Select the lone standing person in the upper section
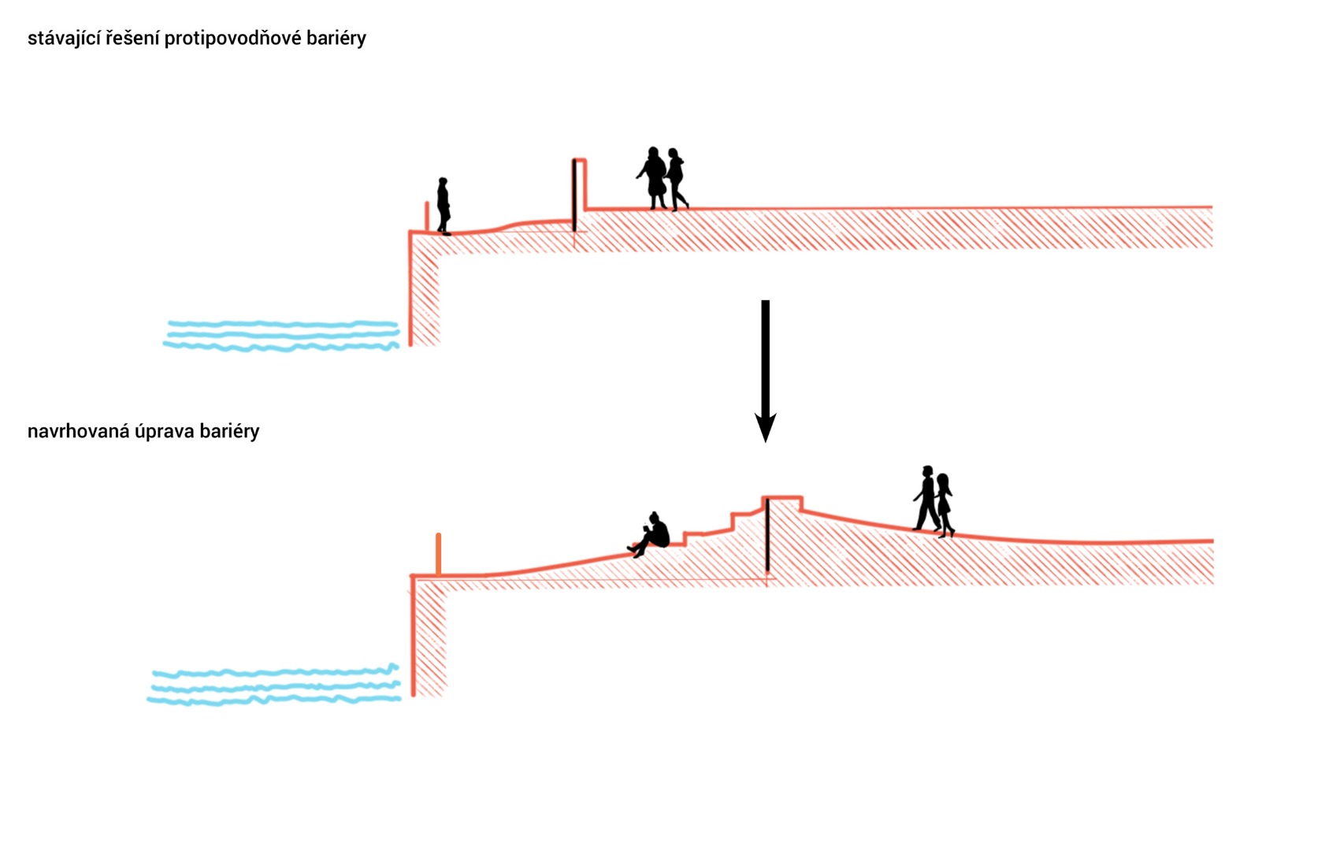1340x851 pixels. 444,206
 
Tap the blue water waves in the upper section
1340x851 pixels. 281,335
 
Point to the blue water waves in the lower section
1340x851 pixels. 274,686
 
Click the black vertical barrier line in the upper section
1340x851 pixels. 574,195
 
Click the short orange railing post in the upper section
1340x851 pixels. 427,217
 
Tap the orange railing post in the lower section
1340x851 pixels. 438,554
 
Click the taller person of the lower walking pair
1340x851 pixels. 926,498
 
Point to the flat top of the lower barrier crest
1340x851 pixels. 782,498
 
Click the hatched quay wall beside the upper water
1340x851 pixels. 425,299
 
